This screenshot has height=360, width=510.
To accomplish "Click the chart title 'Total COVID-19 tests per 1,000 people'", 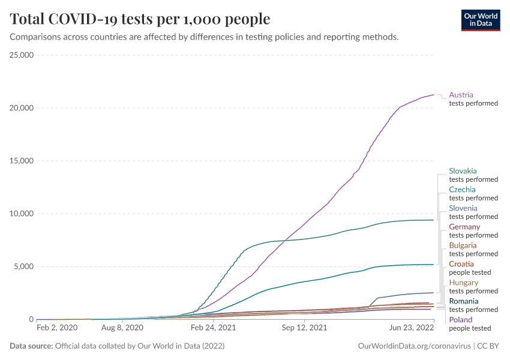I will pyautogui.click(x=140, y=19).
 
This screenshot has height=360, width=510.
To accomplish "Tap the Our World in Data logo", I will pyautogui.click(x=480, y=19).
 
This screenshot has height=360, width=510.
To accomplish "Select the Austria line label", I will pyautogui.click(x=461, y=95).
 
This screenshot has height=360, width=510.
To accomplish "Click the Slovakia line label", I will pyautogui.click(x=463, y=171).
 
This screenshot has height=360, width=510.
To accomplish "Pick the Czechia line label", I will pyautogui.click(x=462, y=190).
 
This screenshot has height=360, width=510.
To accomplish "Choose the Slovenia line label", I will pyautogui.click(x=463, y=208).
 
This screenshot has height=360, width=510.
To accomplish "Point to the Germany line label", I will pyautogui.click(x=464, y=227).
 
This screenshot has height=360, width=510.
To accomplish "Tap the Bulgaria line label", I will pyautogui.click(x=463, y=245).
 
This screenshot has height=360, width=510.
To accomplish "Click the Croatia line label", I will pyautogui.click(x=461, y=264).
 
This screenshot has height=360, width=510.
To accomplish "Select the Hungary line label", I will pyautogui.click(x=464, y=283).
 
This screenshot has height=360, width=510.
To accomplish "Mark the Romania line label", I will pyautogui.click(x=464, y=301).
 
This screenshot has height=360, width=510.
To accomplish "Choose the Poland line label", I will pyautogui.click(x=460, y=320).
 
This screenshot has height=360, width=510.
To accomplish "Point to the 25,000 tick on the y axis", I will pyautogui.click(x=22, y=55).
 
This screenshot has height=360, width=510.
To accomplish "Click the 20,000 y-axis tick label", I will pyautogui.click(x=22, y=108).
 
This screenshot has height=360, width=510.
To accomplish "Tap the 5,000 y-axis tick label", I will pyautogui.click(x=24, y=266).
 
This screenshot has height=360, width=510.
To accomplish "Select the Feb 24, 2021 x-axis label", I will pyautogui.click(x=213, y=328).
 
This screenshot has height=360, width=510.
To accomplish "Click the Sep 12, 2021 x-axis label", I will pyautogui.click(x=305, y=328).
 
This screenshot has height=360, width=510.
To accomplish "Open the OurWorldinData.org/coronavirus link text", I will pyautogui.click(x=413, y=346).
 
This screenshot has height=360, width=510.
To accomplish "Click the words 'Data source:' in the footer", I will pyautogui.click(x=31, y=346).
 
